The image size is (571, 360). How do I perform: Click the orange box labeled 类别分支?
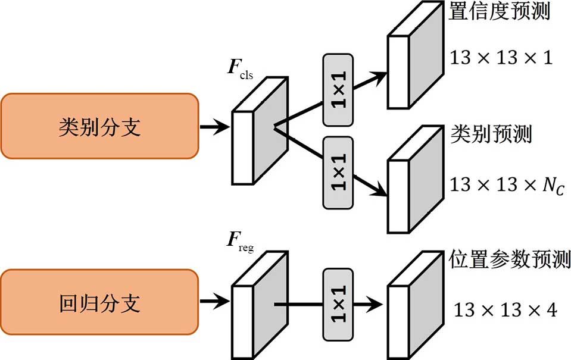(x=99, y=126)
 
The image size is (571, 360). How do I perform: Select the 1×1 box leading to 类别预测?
(x=338, y=173)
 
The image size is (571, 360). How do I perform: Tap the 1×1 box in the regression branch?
(x=338, y=304)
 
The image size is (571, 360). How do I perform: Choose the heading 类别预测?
(x=489, y=134)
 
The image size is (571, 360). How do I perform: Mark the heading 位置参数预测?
(x=508, y=259)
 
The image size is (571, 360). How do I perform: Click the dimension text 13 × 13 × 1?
(x=501, y=58)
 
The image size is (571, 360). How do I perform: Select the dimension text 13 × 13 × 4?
(x=505, y=310)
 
